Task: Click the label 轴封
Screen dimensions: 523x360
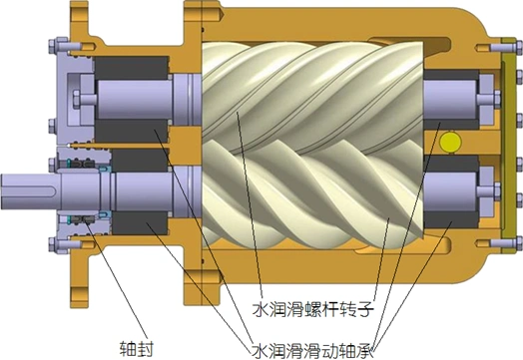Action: pyautogui.click(x=137, y=349)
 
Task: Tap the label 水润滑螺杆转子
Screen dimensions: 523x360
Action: pyautogui.click(x=312, y=309)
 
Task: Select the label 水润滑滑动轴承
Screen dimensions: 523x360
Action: pyautogui.click(x=311, y=350)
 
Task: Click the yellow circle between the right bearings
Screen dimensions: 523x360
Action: pyautogui.click(x=450, y=143)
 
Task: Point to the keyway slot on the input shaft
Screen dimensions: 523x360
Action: pyautogui.click(x=33, y=191)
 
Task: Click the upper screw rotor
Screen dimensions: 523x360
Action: pyautogui.click(x=312, y=99)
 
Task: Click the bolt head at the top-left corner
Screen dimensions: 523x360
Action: pyautogui.click(x=53, y=46)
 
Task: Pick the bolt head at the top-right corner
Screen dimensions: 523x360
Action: pyautogui.click(x=518, y=47)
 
